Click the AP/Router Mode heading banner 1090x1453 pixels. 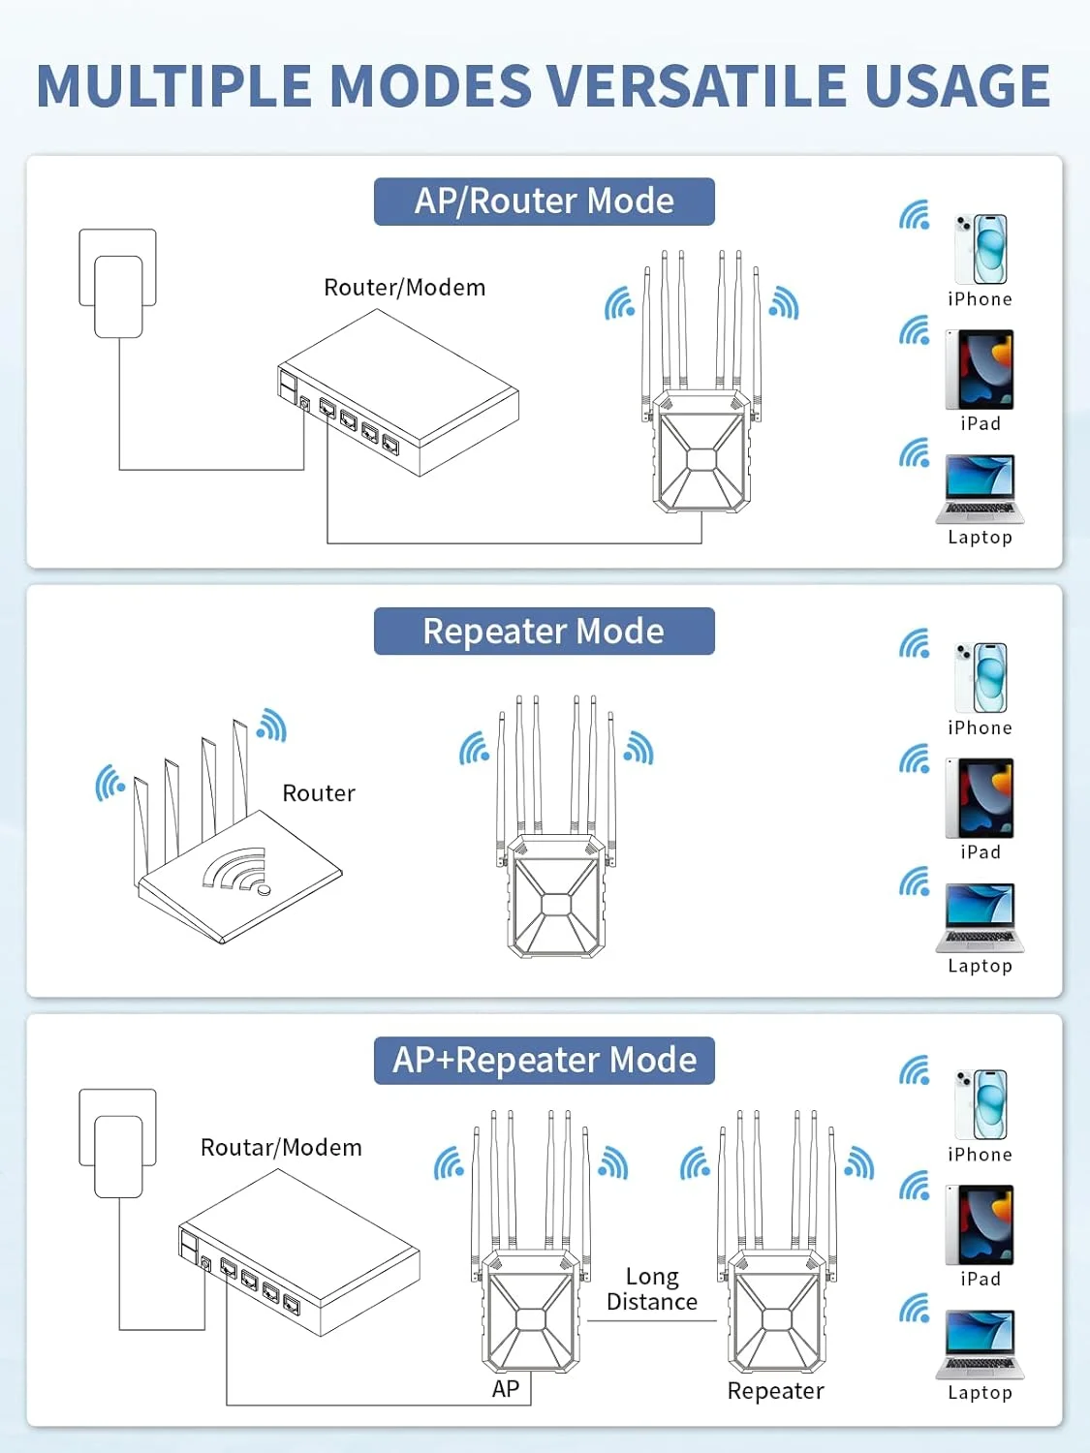(544, 201)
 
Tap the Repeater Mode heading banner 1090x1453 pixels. (544, 632)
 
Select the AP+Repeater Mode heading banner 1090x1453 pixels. (544, 1061)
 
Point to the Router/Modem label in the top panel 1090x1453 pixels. (404, 288)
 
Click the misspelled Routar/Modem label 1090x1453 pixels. (281, 1148)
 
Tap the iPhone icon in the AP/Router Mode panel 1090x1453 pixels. (981, 249)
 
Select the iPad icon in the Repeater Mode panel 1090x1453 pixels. (980, 799)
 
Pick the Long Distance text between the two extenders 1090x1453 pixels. (652, 1289)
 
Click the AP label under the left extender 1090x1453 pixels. (506, 1389)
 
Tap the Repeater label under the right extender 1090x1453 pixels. (775, 1391)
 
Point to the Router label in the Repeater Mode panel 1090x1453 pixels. (319, 793)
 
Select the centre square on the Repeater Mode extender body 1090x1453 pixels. (556, 904)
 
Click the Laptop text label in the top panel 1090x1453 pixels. (980, 538)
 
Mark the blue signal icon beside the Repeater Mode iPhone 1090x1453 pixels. (914, 643)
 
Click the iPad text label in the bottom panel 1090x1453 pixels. (980, 1280)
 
